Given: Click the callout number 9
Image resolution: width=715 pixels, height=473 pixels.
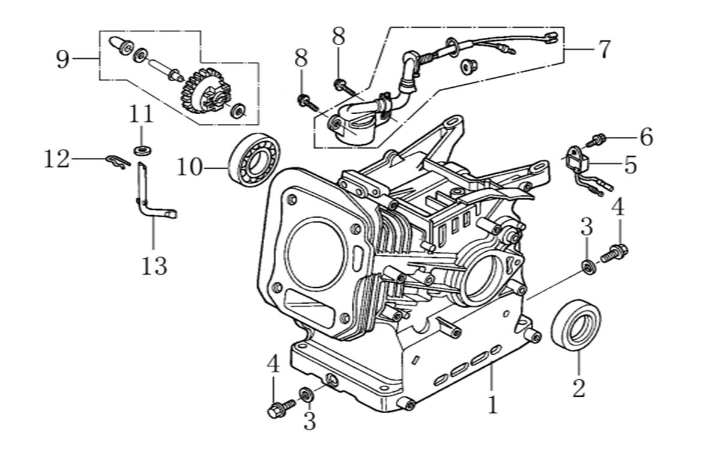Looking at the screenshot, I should click(x=62, y=59).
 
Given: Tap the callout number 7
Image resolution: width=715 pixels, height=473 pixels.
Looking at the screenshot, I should click(x=603, y=49).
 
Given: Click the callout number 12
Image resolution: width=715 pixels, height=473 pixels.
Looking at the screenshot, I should click(x=57, y=159).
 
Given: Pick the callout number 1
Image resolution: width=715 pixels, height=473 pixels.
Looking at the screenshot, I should click(x=492, y=404).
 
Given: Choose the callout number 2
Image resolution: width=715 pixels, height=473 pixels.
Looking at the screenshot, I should click(x=578, y=388).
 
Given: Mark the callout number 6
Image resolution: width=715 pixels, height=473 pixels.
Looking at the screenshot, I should click(x=645, y=137).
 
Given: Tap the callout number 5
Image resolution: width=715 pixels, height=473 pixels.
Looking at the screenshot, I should click(x=629, y=164).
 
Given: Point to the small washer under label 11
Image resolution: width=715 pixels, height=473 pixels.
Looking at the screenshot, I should click(x=142, y=148).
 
